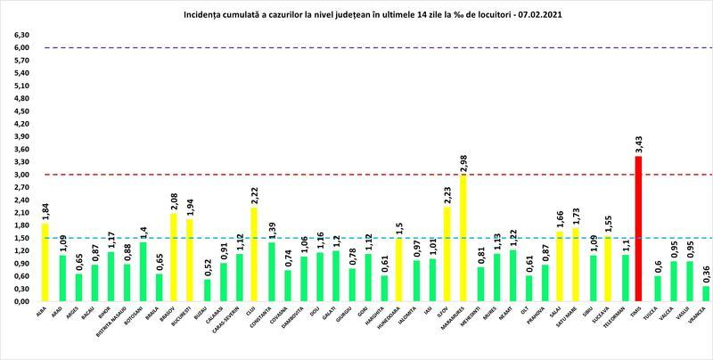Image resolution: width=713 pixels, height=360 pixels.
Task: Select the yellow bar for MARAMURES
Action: pos(463,239)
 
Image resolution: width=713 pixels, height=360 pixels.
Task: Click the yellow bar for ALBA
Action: pos(45,263)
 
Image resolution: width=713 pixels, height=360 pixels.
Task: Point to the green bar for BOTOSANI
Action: pos(143,272)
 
